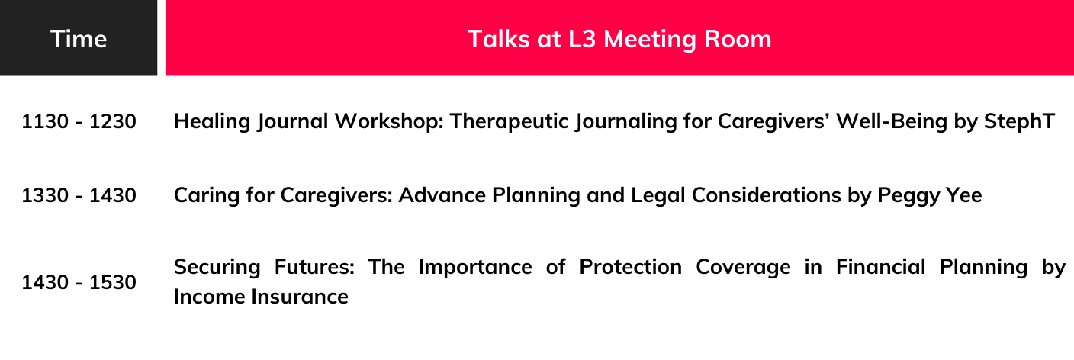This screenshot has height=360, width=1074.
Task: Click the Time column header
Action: point(79,39)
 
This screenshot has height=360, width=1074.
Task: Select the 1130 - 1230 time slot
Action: point(79,121)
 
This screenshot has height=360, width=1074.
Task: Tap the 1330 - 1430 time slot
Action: point(79,195)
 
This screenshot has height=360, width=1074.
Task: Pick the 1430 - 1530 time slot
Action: point(79,282)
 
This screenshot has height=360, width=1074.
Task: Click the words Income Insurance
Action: point(261,297)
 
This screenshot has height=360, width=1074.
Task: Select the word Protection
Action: point(631,267)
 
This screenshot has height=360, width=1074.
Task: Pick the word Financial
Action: point(880,267)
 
